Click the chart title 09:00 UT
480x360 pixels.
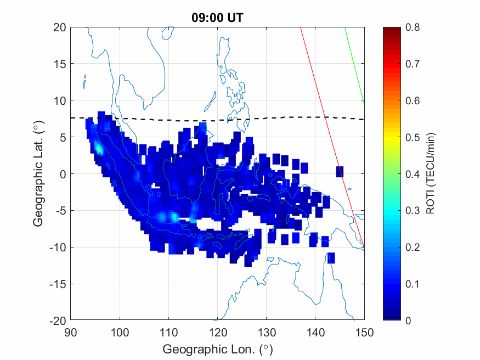tap(217, 17)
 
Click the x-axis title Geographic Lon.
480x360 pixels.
tap(217, 349)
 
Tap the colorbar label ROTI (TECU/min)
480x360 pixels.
tap(432, 173)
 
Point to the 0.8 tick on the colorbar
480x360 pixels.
tap(412, 27)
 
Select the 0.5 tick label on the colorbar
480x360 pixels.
tap(412, 137)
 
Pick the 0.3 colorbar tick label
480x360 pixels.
tap(412, 211)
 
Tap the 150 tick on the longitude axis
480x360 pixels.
tap(364, 332)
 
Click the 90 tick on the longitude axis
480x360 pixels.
tap(70, 332)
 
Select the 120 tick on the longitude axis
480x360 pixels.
tap(217, 332)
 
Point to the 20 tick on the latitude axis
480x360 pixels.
tap(60, 27)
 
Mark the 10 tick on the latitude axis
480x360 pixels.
tap(60, 100)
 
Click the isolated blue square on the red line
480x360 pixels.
tap(340, 171)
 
